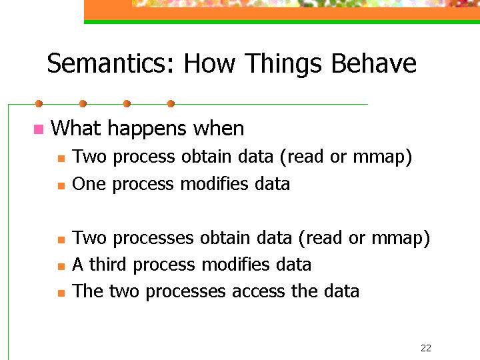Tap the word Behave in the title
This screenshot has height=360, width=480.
[373, 63]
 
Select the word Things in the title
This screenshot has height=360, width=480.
[283, 64]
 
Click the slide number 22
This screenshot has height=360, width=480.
[426, 348]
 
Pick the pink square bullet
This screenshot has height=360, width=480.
[39, 129]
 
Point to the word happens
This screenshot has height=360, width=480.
[147, 129]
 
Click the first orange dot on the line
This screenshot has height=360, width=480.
[39, 104]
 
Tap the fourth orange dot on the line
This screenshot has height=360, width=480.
[171, 104]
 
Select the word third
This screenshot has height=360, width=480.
[107, 264]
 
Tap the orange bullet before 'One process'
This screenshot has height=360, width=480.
[61, 186]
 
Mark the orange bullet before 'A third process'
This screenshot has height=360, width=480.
[61, 266]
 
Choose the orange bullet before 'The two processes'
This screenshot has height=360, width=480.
[61, 293]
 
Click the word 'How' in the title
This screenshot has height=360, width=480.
[209, 64]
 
